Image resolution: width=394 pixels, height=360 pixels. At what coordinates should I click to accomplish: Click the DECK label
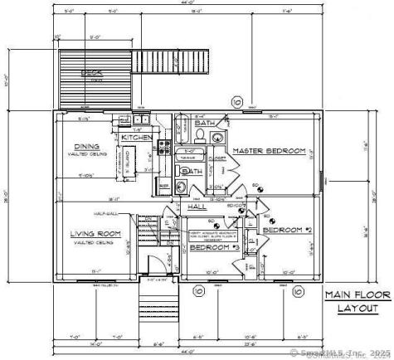tap(90, 73)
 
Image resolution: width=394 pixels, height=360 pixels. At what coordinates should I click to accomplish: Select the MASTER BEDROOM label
tap(270, 151)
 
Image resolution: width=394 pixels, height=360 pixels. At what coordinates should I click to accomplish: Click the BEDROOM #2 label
tap(286, 228)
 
